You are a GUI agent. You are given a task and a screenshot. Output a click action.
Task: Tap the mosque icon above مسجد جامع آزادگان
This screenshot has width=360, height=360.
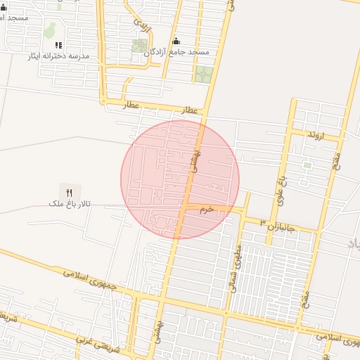tap(176, 41)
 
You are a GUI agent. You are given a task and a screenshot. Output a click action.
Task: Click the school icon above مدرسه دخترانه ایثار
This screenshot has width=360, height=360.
tap(58, 44)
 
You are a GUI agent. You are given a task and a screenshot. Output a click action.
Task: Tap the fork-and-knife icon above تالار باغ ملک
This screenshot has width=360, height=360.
tap(69, 191)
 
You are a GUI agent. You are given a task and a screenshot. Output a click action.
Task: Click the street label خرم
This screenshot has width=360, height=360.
tap(206, 210)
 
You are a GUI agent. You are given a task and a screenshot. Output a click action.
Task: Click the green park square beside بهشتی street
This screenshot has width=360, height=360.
tap(203, 75)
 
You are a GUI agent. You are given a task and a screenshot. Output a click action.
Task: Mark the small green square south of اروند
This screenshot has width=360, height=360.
tap(307, 165)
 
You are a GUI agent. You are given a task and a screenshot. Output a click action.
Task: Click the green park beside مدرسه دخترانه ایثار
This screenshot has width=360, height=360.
tap(50, 30)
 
